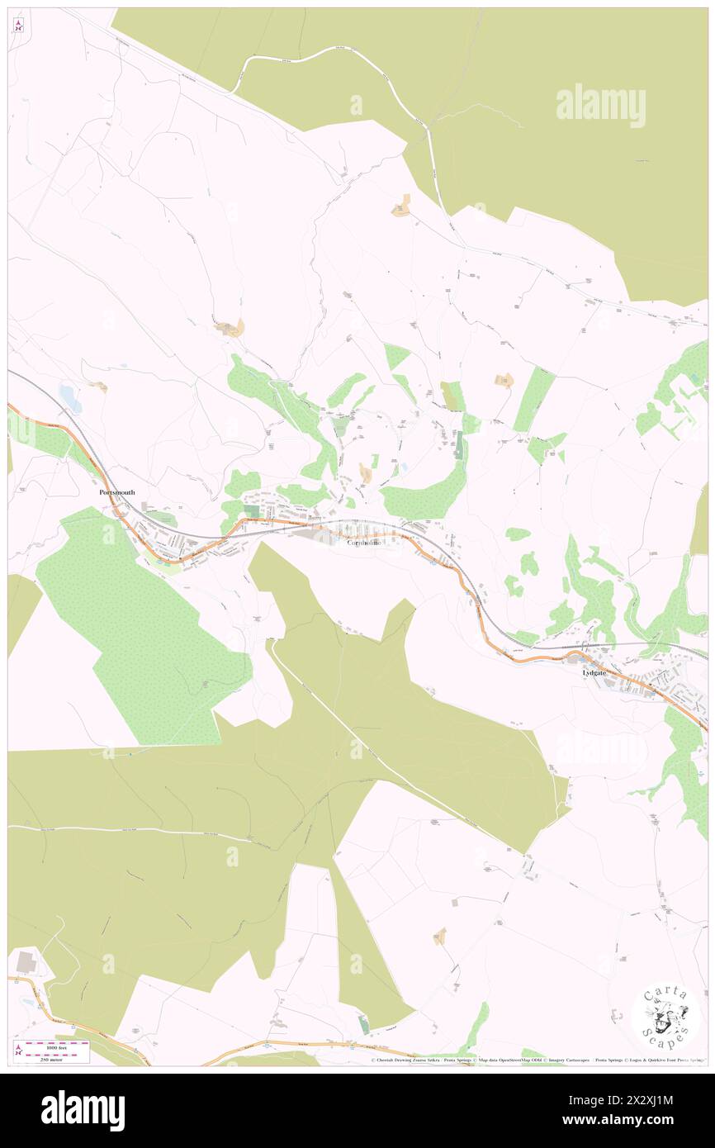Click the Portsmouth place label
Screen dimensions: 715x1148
coord(116,491)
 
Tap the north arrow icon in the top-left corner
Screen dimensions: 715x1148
coord(18,25)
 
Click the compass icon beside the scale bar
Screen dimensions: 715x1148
coord(18,1050)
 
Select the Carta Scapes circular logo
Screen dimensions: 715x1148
coord(665,1016)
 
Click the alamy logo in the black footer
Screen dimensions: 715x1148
coord(83,1110)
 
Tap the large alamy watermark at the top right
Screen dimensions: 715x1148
coord(599,105)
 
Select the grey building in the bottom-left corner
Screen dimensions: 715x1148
coord(26,962)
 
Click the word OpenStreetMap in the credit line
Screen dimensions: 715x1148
coord(525,1060)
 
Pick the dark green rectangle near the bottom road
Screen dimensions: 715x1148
coord(364,1024)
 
